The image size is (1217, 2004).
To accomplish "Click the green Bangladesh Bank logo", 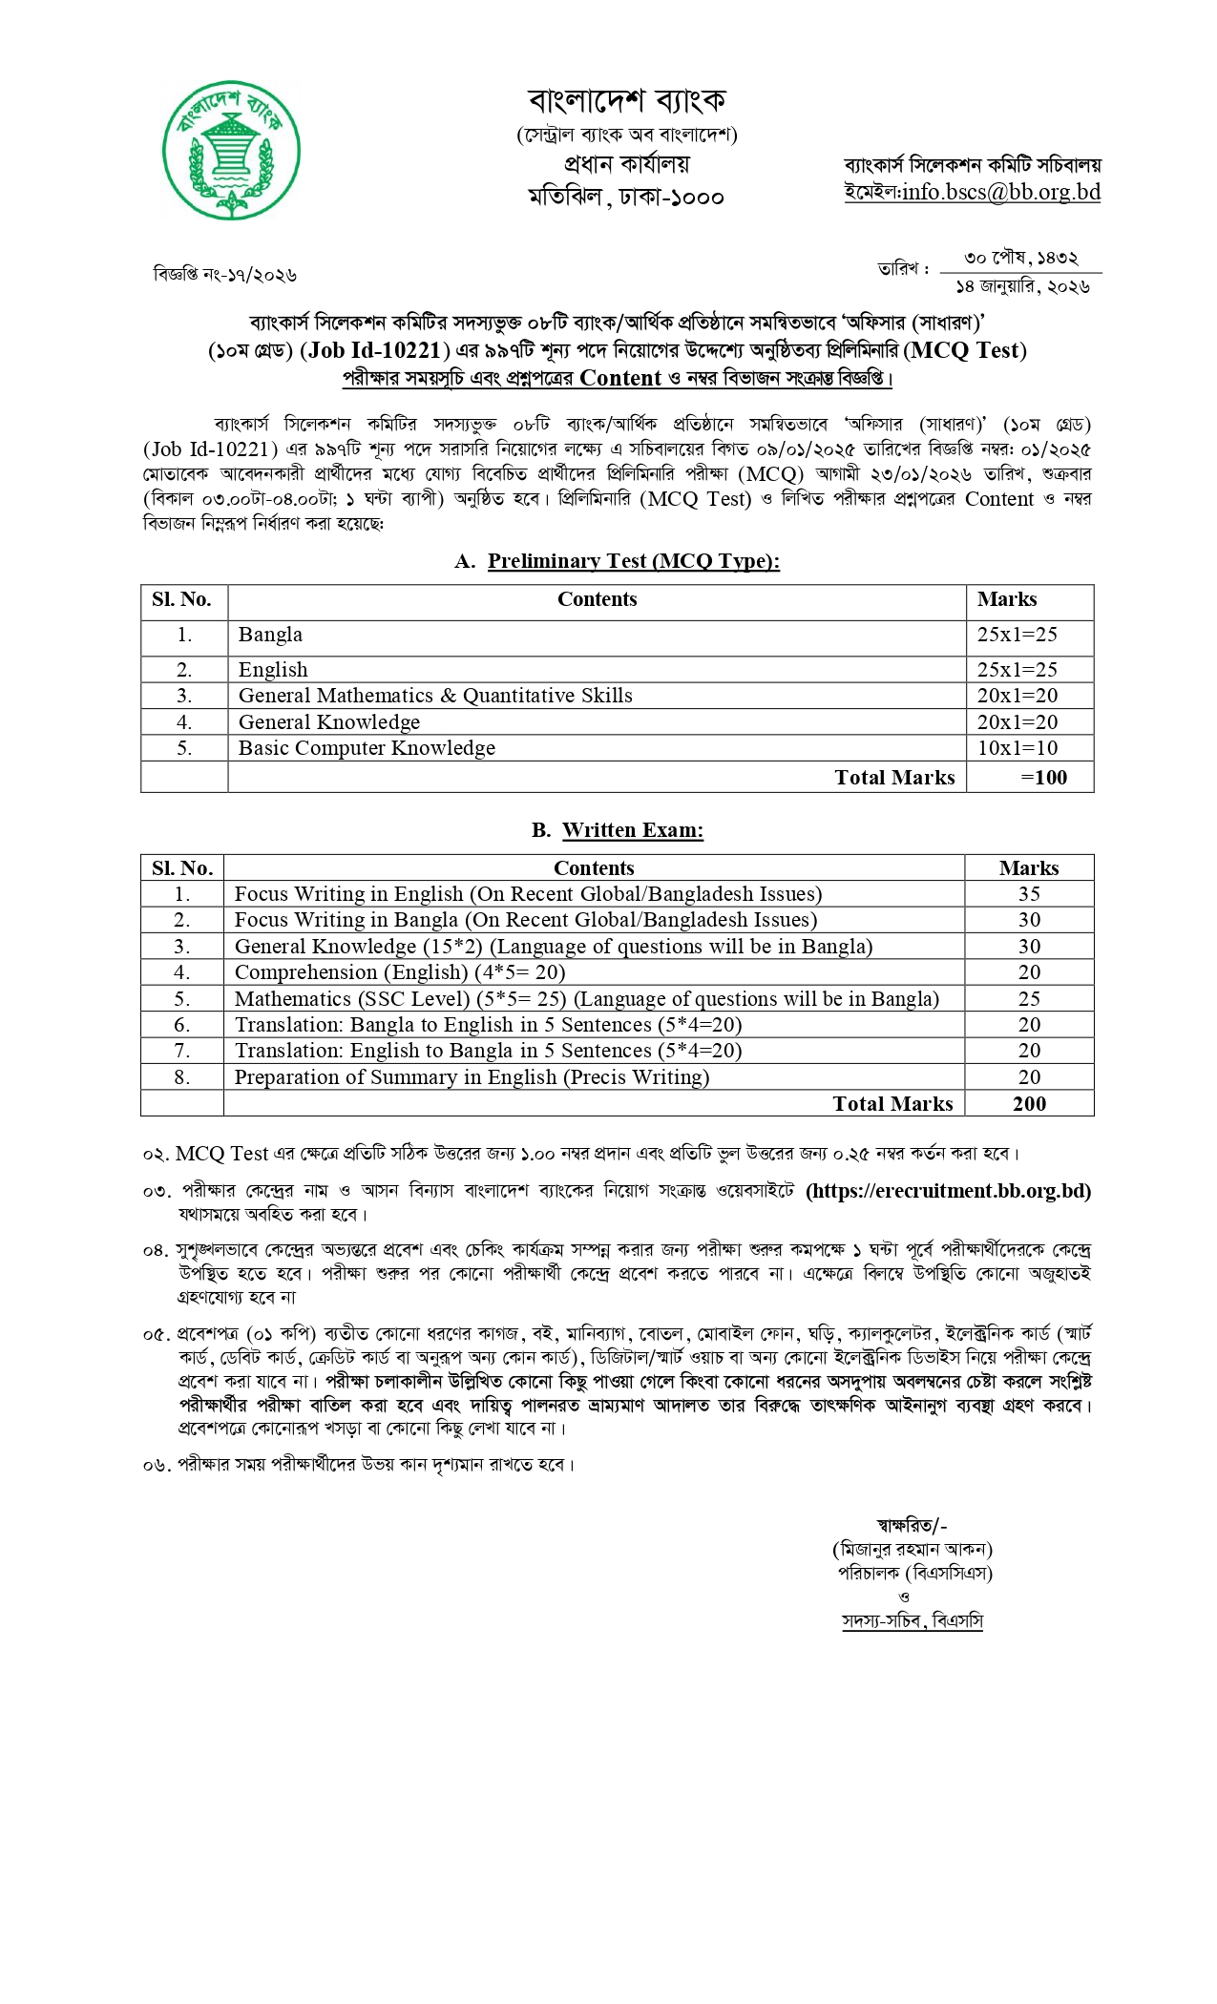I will click(x=231, y=151).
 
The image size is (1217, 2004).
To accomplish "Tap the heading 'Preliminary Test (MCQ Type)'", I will click(x=633, y=561).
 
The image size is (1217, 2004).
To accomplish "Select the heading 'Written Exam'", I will click(x=632, y=830).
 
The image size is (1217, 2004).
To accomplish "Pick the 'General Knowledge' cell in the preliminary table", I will click(x=329, y=722).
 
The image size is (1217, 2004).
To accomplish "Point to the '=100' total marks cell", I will click(x=1043, y=778).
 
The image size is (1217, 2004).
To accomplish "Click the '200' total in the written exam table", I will click(x=1029, y=1104).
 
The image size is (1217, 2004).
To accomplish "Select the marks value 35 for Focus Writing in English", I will click(x=1029, y=894).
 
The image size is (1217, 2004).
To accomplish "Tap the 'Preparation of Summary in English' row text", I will click(x=472, y=1077).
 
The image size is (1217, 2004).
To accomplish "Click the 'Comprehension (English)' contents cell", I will click(x=400, y=972).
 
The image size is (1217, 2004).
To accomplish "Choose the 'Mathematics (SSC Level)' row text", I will click(x=586, y=999).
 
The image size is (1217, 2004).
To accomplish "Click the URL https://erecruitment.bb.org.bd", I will click(x=948, y=1191).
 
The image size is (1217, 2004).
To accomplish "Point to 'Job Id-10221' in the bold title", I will click(x=374, y=350).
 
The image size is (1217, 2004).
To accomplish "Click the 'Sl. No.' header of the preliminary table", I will click(x=181, y=599).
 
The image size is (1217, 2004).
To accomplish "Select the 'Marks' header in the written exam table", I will click(x=1028, y=868).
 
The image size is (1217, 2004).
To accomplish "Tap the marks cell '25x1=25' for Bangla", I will click(x=1017, y=635).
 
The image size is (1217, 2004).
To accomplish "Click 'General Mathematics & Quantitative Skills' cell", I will click(x=435, y=696).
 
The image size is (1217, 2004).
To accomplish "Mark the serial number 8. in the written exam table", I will click(x=181, y=1077).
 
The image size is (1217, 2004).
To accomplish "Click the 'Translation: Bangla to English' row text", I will click(x=488, y=1025).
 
